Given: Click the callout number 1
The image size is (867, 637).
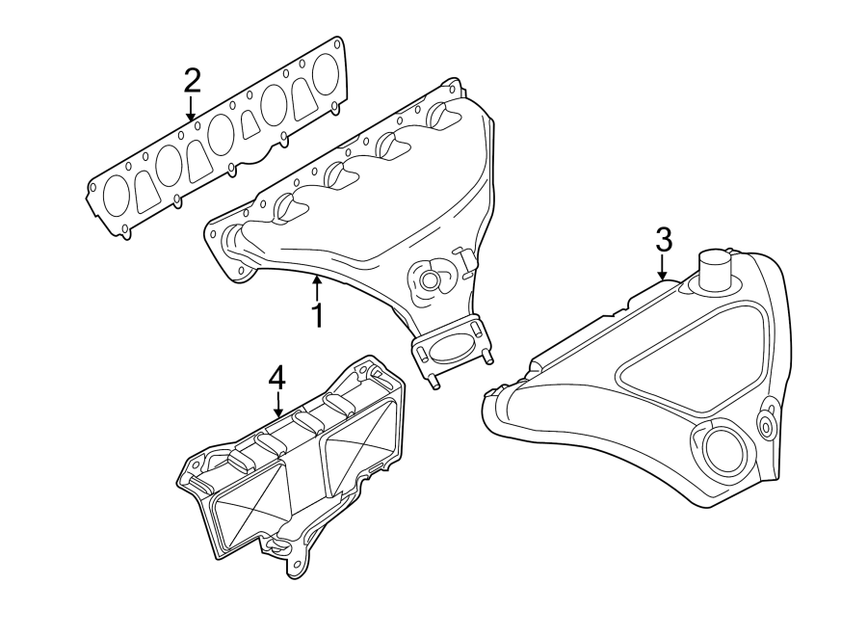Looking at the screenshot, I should pyautogui.click(x=315, y=314).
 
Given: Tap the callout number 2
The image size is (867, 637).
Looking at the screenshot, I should pyautogui.click(x=192, y=79).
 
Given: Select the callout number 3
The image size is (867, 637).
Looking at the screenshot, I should pyautogui.click(x=663, y=239).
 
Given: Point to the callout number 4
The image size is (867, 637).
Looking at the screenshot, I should pyautogui.click(x=276, y=377).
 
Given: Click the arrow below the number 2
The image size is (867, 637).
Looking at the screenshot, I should pyautogui.click(x=192, y=108).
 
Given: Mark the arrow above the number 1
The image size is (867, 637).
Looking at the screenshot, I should pyautogui.click(x=316, y=285).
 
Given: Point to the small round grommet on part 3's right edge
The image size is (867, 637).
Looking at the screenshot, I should pyautogui.click(x=767, y=424).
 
